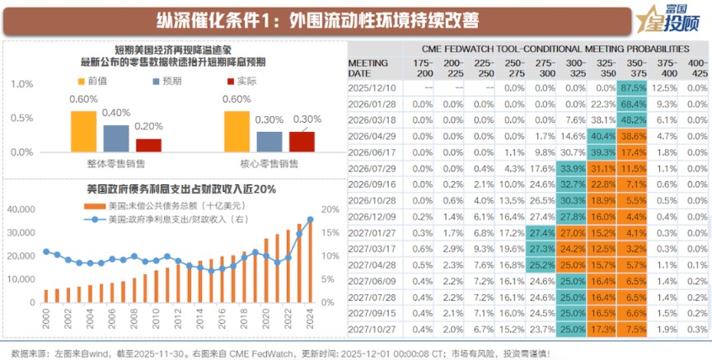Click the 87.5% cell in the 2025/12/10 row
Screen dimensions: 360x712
point(633,87)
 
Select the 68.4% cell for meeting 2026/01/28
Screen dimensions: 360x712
point(633,104)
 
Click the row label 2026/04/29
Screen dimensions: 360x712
point(372,136)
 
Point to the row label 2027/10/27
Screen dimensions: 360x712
point(372,329)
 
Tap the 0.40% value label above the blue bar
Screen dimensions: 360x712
point(116,112)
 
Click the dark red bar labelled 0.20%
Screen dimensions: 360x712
point(148,144)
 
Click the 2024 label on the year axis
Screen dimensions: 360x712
point(310,315)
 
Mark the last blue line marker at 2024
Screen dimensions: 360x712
point(310,219)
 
